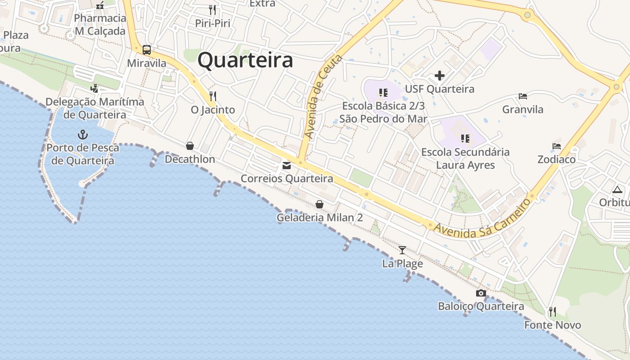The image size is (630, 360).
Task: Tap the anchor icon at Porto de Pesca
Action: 83,135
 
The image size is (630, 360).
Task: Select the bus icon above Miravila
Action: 147,50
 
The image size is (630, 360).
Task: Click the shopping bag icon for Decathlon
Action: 190,146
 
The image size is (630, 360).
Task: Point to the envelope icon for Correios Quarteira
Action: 287,166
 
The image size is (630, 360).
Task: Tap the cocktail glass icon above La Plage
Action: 402,250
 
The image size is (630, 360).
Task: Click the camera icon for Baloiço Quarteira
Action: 481,293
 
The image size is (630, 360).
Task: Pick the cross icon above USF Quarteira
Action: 440,76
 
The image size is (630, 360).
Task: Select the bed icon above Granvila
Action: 523,96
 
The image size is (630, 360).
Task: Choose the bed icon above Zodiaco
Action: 557,146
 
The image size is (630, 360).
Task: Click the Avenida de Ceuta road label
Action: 323,97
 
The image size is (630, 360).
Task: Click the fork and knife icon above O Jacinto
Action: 213,96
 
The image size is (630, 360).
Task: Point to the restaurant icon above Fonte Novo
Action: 552,311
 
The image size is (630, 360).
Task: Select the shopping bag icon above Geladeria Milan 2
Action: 319,205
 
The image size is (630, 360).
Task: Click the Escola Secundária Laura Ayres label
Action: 465,158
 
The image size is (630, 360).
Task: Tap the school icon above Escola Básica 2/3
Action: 383,93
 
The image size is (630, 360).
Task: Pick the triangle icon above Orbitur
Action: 616,189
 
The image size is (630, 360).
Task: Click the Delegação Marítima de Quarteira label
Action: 95,108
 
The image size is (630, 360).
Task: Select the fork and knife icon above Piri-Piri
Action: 212,9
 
